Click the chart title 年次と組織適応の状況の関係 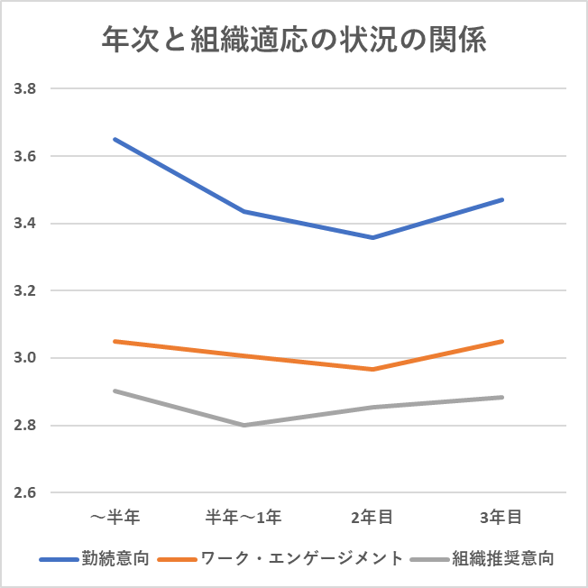coord(294,40)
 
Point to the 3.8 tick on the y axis coord(24,89)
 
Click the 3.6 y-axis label coord(24,156)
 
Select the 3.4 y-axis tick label coord(24,224)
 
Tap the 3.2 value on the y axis coord(24,291)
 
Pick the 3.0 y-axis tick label coord(24,358)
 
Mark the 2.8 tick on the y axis coord(24,426)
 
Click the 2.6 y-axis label coord(24,493)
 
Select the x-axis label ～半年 coord(115,517)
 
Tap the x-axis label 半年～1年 coord(243,517)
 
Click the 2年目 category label coord(372,517)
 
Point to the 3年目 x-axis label coord(501,517)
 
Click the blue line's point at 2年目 coord(372,237)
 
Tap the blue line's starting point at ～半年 coord(115,139)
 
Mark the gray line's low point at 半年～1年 coord(243,425)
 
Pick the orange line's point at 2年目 coord(372,369)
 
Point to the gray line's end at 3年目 coord(501,397)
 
